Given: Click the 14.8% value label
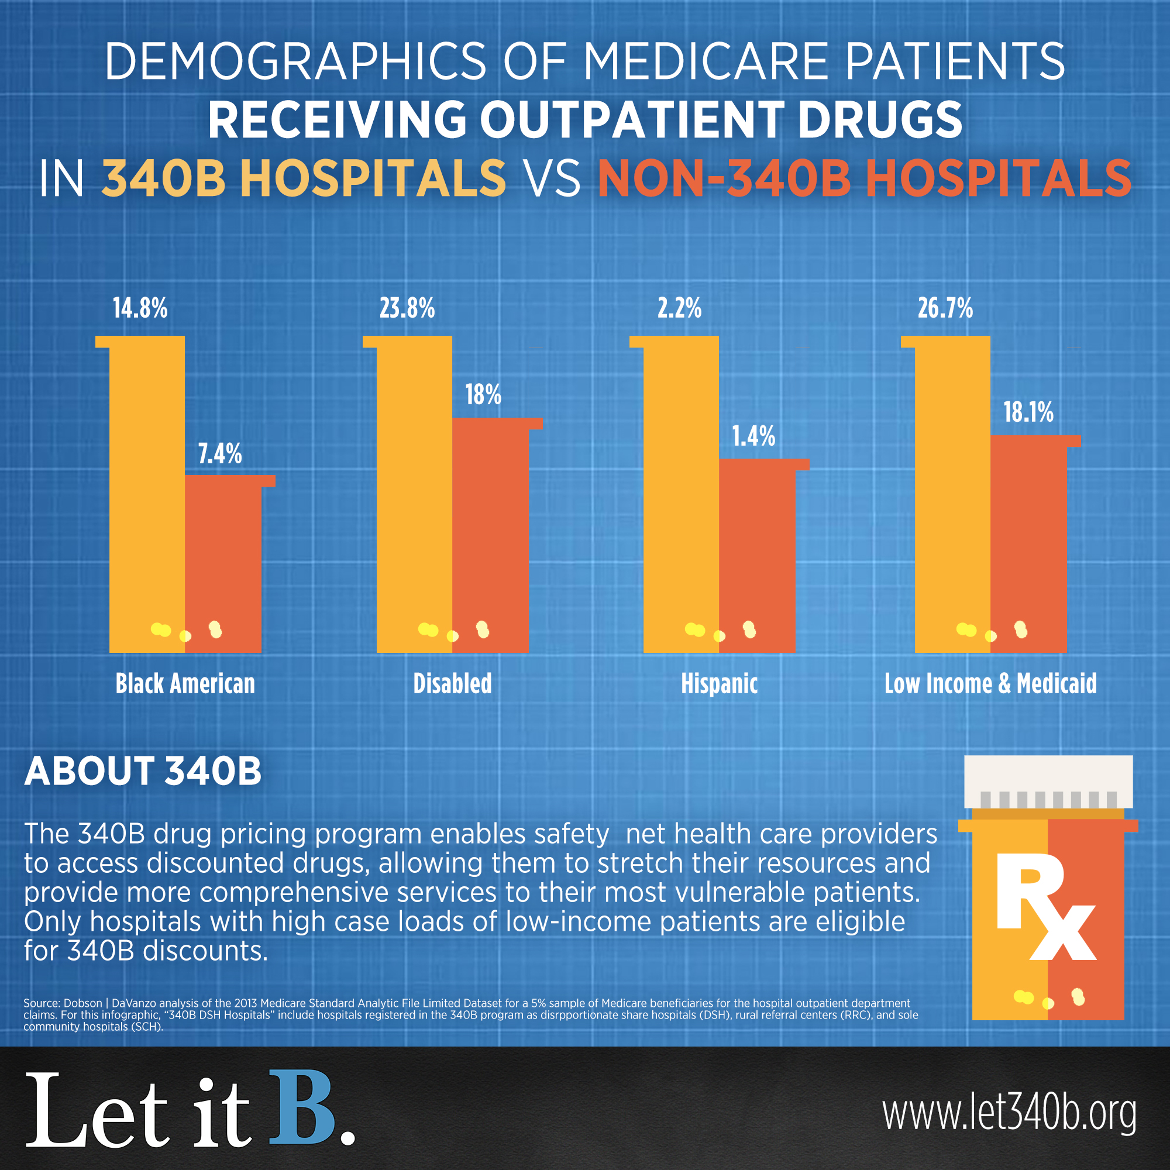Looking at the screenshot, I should [140, 308].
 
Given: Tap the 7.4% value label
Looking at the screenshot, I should [220, 453].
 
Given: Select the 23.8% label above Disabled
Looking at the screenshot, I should [407, 308].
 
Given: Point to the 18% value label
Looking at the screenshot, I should [483, 395].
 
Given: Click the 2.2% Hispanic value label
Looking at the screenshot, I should [679, 308].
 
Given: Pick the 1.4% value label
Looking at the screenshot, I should [753, 436].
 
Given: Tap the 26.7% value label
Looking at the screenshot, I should [945, 308].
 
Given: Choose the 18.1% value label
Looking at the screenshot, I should [1028, 412].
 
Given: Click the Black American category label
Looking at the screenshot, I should [185, 684].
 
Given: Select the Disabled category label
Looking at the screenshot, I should [452, 684].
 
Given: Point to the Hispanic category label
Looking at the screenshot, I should [720, 684].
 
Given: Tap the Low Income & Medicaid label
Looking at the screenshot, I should [991, 684].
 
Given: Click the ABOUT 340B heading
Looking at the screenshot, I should [143, 772].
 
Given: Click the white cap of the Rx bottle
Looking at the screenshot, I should [1048, 780].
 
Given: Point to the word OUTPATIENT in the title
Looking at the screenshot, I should [633, 119].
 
